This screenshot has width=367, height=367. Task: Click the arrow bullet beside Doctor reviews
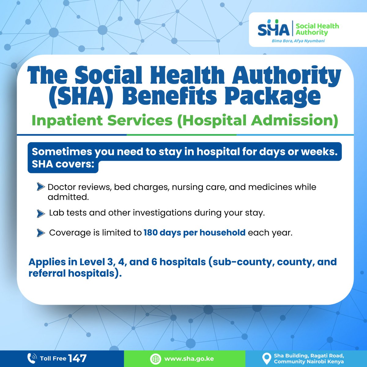coord(40,187)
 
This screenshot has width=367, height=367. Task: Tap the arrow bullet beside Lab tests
coord(40,213)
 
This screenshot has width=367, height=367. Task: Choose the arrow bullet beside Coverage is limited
coord(40,233)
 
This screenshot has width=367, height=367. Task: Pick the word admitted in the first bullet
coord(68,197)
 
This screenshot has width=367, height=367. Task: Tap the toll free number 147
coord(77,358)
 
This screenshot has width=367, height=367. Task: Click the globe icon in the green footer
coord(155,359)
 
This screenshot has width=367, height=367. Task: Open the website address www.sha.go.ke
coord(189,359)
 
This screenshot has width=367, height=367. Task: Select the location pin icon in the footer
coord(267,358)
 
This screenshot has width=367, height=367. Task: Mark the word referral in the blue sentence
coord(47,273)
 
